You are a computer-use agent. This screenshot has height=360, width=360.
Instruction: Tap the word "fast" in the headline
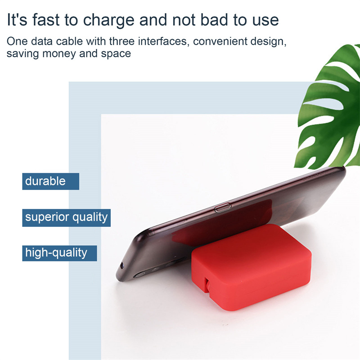click(x=46, y=19)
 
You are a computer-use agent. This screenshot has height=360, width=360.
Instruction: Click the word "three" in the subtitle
click(x=121, y=41)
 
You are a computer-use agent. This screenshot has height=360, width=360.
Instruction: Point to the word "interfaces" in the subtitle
click(x=163, y=41)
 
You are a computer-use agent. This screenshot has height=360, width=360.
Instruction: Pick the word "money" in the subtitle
click(x=59, y=54)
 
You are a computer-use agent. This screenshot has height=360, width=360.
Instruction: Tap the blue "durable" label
click(x=51, y=181)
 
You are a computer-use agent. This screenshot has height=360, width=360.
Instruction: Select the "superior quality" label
click(x=66, y=217)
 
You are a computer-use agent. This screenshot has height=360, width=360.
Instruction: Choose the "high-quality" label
click(x=59, y=253)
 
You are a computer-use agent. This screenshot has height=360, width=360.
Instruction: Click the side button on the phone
click(x=223, y=208)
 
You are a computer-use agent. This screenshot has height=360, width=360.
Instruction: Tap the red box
click(x=252, y=267)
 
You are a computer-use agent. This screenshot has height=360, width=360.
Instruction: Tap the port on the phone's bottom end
click(x=121, y=265)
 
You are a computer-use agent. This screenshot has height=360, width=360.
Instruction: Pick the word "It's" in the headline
click(x=17, y=19)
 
